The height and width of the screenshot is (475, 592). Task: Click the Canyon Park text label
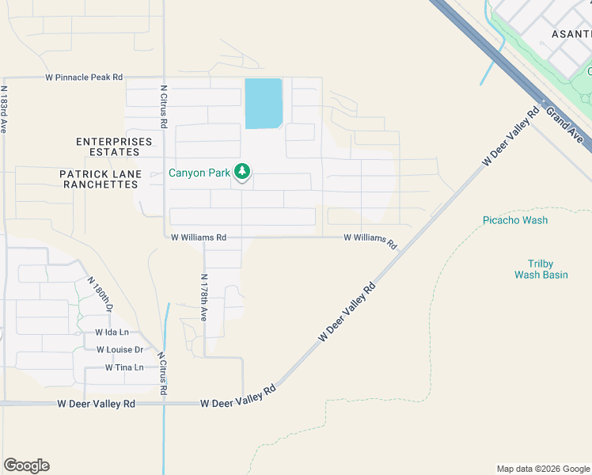click(x=199, y=172)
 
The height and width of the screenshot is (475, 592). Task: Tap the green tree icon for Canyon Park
click(x=242, y=172)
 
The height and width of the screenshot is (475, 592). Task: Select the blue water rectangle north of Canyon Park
click(x=264, y=103)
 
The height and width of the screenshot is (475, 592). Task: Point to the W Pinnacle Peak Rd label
click(x=84, y=78)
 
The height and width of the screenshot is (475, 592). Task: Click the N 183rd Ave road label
click(x=4, y=109)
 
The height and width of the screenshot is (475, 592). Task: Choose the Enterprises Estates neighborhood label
click(x=114, y=146)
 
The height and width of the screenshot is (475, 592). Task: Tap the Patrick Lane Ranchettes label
click(x=101, y=179)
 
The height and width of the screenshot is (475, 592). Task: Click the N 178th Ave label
click(x=203, y=297)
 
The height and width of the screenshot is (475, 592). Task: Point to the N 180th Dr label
click(x=101, y=295)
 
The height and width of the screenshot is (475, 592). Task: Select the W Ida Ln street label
click(x=112, y=332)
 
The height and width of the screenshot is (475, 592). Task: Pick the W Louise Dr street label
click(x=120, y=349)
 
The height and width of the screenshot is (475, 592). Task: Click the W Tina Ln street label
click(x=124, y=367)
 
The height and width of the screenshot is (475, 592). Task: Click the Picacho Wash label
click(x=515, y=220)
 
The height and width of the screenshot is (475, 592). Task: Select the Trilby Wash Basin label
click(x=541, y=269)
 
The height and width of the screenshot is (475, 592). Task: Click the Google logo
click(x=26, y=465)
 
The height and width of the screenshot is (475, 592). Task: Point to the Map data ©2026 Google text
click(x=543, y=469)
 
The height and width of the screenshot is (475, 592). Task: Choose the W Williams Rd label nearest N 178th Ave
click(x=199, y=237)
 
